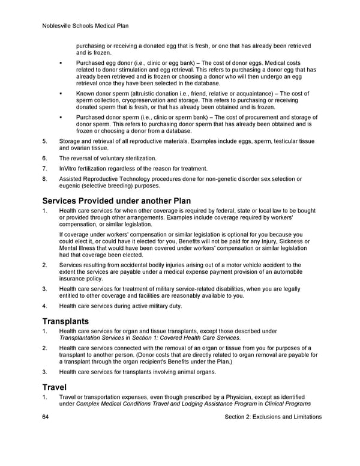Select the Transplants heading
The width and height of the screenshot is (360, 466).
(65, 321)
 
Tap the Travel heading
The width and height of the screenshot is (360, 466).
(55, 387)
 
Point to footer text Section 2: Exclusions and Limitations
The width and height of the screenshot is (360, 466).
(271, 417)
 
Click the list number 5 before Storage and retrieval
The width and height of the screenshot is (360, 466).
(44, 141)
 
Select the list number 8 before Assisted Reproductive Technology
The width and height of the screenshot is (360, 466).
(44, 179)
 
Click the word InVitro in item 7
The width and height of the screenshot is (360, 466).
(68, 169)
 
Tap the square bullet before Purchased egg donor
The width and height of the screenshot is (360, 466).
(62, 63)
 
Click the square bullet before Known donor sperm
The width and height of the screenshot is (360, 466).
(62, 94)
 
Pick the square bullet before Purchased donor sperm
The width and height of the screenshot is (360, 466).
(62, 117)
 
